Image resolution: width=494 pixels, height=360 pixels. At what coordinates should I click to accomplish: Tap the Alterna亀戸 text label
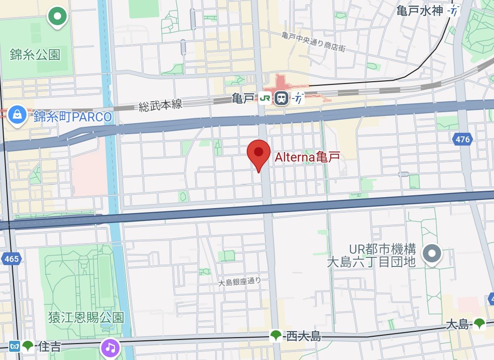[308, 157]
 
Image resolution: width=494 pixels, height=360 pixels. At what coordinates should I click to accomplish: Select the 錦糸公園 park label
[35, 55]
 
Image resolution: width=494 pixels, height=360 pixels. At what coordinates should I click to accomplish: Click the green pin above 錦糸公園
[57, 17]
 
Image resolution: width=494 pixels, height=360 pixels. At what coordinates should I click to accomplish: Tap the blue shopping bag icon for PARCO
[17, 114]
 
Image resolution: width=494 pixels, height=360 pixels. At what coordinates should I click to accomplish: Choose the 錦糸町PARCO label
[73, 117]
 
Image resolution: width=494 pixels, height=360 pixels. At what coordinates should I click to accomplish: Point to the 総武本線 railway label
[160, 105]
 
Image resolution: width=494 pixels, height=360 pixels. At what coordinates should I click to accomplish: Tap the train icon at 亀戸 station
[281, 98]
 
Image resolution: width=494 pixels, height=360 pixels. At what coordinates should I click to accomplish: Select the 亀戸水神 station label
[420, 10]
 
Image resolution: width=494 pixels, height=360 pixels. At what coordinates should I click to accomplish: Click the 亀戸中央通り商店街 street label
[313, 42]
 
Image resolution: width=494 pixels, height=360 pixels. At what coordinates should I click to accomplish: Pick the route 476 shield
[463, 140]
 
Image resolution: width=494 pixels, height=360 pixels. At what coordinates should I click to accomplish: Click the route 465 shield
[12, 259]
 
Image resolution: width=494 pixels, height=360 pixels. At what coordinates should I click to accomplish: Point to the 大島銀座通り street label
[240, 282]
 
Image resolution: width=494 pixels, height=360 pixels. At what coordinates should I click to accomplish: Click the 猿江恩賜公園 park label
[86, 318]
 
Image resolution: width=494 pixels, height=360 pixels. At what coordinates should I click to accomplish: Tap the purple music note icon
[110, 348]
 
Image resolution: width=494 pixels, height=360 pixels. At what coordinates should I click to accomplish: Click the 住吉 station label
[49, 346]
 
